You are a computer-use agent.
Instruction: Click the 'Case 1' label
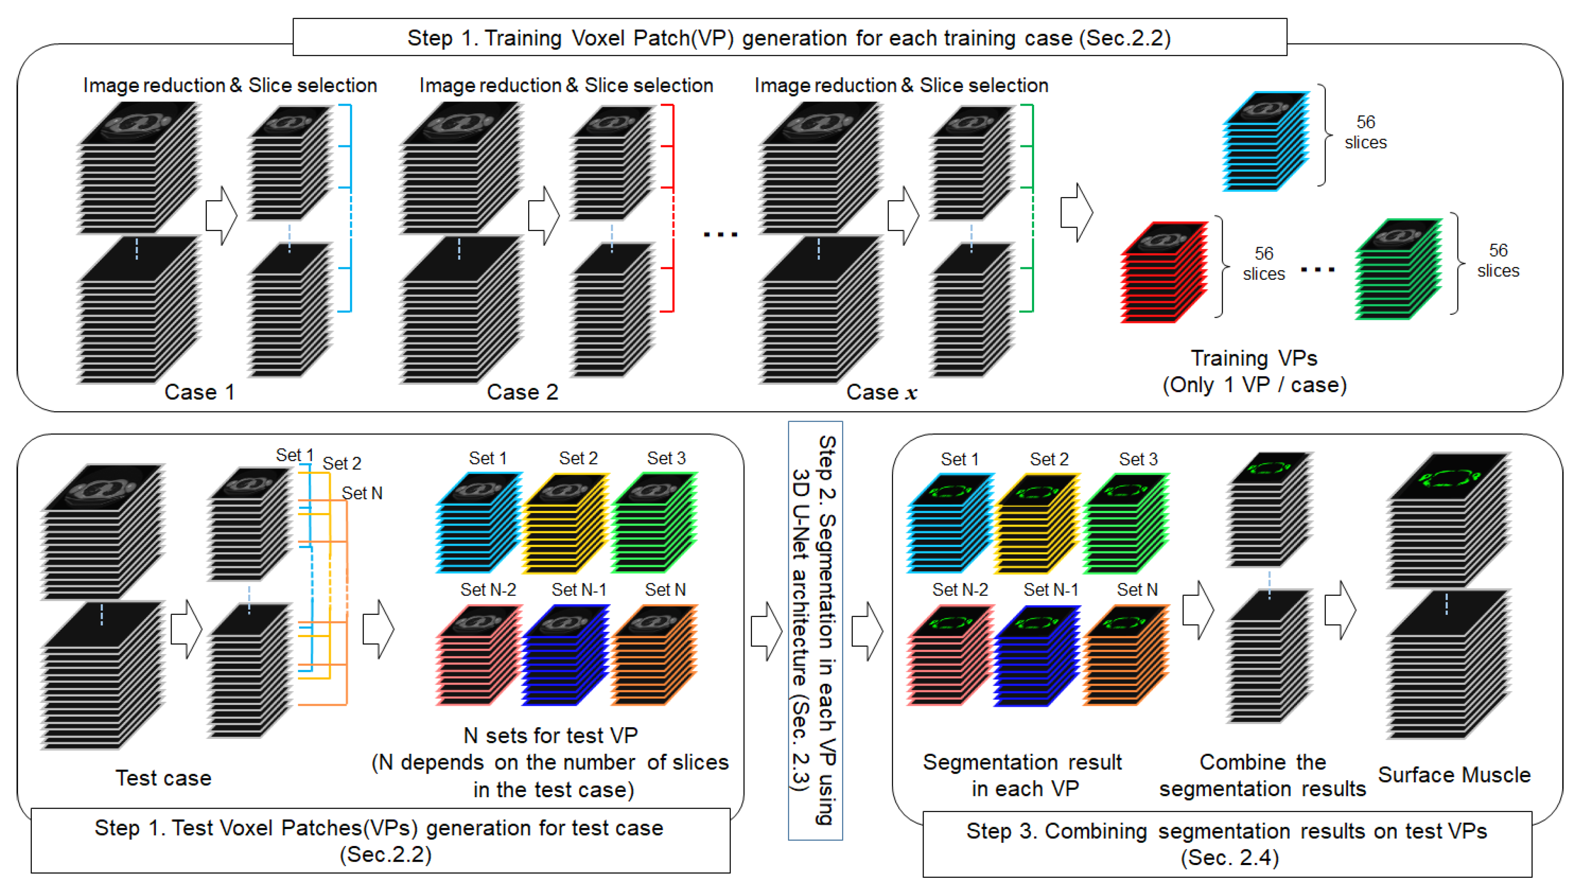click(199, 392)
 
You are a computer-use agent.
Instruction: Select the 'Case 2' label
click(522, 392)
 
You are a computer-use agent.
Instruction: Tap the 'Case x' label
click(882, 392)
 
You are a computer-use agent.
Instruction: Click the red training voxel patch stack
click(1163, 272)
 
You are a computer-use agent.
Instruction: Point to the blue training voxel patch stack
click(1266, 141)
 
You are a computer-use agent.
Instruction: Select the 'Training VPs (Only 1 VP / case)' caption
click(1254, 371)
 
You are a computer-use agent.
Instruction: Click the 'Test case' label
click(164, 778)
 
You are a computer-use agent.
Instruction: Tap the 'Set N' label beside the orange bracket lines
click(362, 493)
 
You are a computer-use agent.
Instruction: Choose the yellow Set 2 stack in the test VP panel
click(566, 523)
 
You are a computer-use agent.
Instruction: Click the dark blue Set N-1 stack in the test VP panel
click(566, 655)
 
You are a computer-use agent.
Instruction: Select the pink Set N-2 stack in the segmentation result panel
click(949, 655)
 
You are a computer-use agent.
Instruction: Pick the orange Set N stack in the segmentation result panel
click(1126, 655)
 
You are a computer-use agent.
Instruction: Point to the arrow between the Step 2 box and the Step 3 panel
click(867, 631)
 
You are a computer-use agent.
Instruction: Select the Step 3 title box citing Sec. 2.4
click(1227, 844)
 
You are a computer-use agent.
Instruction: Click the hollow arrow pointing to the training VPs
click(1076, 213)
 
